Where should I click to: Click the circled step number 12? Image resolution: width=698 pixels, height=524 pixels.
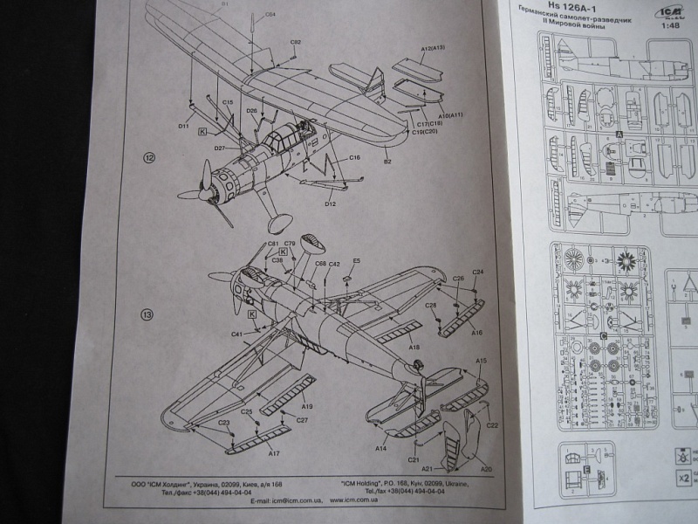[150, 158]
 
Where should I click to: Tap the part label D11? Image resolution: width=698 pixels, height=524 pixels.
[183, 127]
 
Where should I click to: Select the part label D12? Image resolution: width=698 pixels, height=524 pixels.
[331, 203]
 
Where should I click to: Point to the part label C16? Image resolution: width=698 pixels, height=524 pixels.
[354, 158]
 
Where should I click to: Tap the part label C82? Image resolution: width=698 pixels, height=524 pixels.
[296, 42]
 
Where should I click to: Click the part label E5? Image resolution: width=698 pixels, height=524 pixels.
[356, 261]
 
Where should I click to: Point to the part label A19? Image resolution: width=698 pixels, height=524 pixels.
[308, 407]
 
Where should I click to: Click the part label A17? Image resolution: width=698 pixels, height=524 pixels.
[273, 453]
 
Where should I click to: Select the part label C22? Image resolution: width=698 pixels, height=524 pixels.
[491, 425]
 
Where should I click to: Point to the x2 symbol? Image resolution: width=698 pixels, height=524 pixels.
[685, 479]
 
